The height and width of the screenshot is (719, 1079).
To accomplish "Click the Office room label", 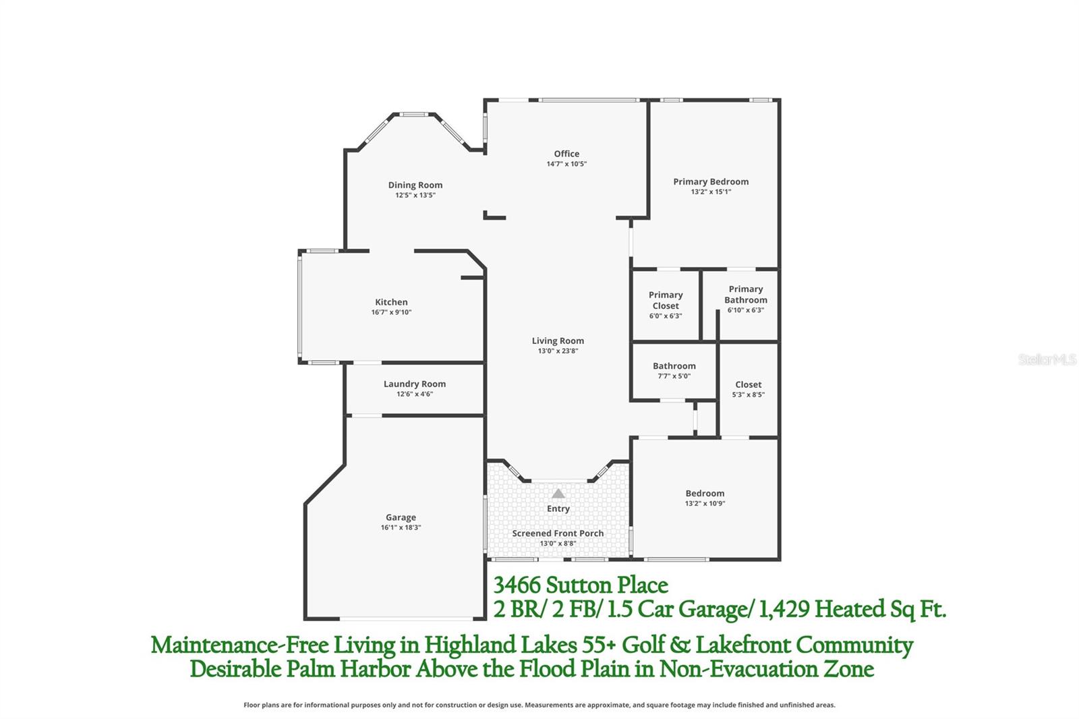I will tap(566, 154).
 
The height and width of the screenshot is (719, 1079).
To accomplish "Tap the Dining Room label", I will tap(415, 185).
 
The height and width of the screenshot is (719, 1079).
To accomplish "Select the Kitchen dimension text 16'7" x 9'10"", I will tap(391, 312).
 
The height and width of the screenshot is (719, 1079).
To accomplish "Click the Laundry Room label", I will tap(414, 384).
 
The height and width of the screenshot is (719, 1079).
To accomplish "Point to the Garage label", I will tap(401, 517).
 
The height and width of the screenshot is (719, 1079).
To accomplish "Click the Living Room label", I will tap(558, 341).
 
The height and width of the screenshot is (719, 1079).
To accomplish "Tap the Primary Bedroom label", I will tap(711, 181).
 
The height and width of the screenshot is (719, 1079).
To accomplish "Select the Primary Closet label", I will tap(666, 300).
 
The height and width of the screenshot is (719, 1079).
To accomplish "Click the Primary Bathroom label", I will tap(746, 294).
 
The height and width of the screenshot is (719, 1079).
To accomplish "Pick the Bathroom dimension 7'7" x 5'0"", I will tap(674, 376).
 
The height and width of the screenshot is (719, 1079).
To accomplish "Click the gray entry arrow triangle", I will tap(558, 494).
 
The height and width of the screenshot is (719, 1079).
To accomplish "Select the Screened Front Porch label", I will tap(558, 533).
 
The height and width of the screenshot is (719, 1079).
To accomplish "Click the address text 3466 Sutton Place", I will tap(581, 585).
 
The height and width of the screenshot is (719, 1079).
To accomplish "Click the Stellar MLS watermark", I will tap(1047, 359).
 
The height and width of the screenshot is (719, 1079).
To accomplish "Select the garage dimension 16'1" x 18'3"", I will tap(401, 527).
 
